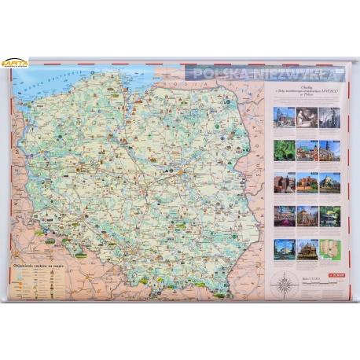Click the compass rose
[x=282, y=284]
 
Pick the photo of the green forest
[x=284, y=150]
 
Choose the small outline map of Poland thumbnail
[x=329, y=248]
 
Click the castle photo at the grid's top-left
[x=284, y=116]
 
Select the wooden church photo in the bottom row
[x=307, y=248]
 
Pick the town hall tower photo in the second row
[x=329, y=150]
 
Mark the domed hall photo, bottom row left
[x=284, y=248]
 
